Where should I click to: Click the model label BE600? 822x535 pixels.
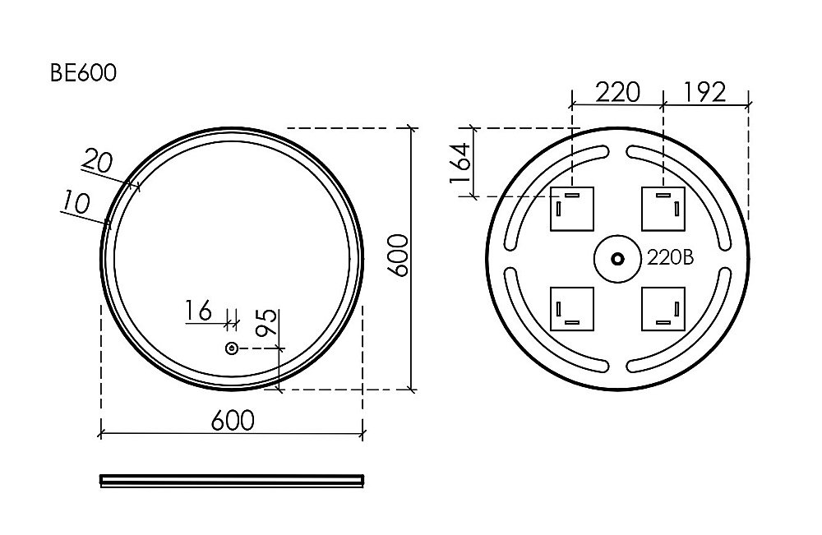[83, 73]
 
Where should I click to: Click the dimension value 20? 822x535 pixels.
[98, 161]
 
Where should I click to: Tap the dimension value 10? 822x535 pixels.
[76, 202]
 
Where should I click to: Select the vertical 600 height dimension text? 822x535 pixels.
[399, 256]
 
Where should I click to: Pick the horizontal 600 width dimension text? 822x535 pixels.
[233, 420]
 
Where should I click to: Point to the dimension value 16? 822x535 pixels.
[198, 310]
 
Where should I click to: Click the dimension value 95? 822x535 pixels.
[266, 323]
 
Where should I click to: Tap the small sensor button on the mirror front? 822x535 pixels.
[231, 348]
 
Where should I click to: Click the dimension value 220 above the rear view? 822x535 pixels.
[618, 93]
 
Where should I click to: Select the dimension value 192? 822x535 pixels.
[704, 92]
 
